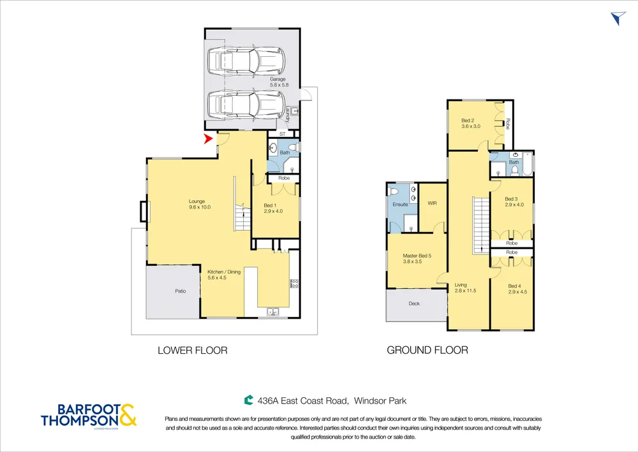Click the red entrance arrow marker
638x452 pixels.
pyautogui.click(x=209, y=139)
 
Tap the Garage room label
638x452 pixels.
pyautogui.click(x=278, y=79)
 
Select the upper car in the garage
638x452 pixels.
pyautogui.click(x=246, y=61)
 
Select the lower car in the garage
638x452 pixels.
pyautogui.click(x=246, y=104)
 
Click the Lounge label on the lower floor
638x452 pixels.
pyautogui.click(x=197, y=201)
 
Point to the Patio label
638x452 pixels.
pyautogui.click(x=181, y=291)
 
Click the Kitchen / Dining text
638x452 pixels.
pyautogui.click(x=224, y=272)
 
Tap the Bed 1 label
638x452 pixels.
pyautogui.click(x=270, y=206)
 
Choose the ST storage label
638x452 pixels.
pyautogui.click(x=283, y=134)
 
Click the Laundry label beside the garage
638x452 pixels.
pyautogui.click(x=288, y=115)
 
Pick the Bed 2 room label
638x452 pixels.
pyautogui.click(x=468, y=120)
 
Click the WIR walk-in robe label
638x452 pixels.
pyautogui.click(x=432, y=203)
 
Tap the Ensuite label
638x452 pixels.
pyautogui.click(x=400, y=205)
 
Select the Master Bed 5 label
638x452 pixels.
pyautogui.click(x=417, y=256)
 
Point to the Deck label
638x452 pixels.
pyautogui.click(x=414, y=303)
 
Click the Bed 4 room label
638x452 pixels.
pyautogui.click(x=515, y=286)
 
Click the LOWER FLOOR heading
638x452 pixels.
pyautogui.click(x=193, y=351)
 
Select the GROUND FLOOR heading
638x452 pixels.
pyautogui.click(x=427, y=351)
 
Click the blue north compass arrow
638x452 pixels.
pyautogui.click(x=618, y=18)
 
